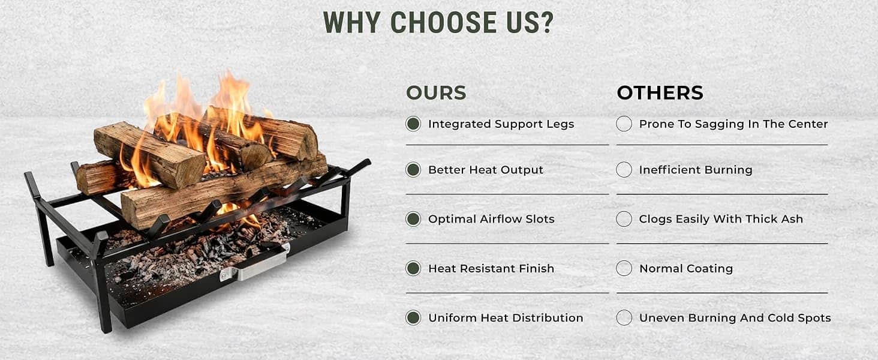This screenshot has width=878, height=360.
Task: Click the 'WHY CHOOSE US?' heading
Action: click(x=438, y=22)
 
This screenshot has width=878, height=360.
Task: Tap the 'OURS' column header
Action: click(x=436, y=93)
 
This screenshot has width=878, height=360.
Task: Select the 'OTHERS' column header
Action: click(x=660, y=93)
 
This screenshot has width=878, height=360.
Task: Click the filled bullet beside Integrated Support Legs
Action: click(x=413, y=124)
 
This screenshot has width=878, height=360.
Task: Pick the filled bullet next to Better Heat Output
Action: click(x=413, y=170)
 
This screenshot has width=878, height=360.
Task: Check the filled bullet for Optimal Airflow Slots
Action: click(x=413, y=219)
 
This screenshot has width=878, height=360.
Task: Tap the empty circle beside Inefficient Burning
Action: click(x=624, y=170)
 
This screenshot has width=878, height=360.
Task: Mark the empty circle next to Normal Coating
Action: click(x=624, y=268)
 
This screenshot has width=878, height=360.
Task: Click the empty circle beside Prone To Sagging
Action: click(x=624, y=124)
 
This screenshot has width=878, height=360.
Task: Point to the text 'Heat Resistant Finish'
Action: click(x=491, y=269)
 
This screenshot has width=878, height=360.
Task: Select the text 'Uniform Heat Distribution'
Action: click(x=506, y=317)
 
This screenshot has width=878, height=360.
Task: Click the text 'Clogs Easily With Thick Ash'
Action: click(x=721, y=219)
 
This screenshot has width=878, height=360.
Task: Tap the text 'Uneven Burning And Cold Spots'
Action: click(x=735, y=317)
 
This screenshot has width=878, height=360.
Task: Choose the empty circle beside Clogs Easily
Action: click(x=624, y=219)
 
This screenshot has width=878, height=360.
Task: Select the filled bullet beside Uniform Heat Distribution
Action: click(x=413, y=317)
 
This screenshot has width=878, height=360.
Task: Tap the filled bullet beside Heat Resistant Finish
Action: click(x=413, y=268)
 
